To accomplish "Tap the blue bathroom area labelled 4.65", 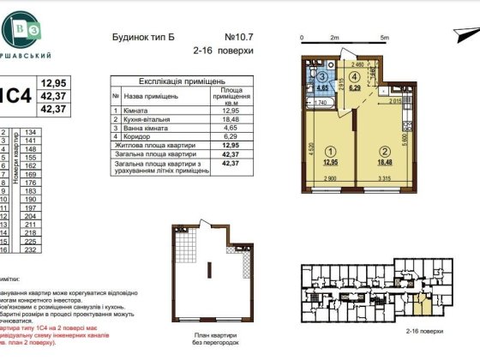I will click(x=322, y=81).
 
